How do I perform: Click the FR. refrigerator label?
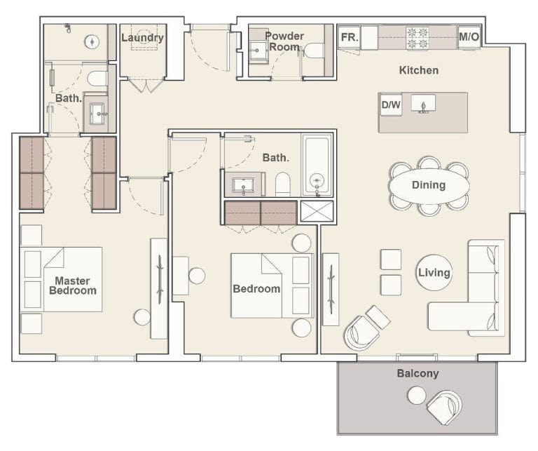349,37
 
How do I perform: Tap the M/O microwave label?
469,37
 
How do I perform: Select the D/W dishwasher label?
390,105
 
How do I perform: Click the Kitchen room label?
419,70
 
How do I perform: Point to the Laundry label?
142,37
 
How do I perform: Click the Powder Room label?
284,41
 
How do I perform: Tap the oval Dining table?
429,186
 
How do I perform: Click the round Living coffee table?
434,272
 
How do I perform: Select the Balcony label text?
418,373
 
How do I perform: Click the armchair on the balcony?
444,407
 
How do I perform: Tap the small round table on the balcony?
416,396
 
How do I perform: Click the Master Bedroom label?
72,285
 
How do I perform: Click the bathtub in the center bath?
317,166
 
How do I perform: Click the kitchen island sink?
423,104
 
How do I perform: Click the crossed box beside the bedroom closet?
317,213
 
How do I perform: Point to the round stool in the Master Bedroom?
142,317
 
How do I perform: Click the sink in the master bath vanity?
96,112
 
